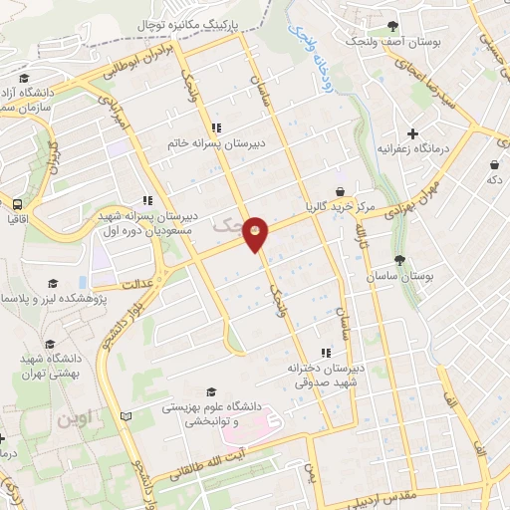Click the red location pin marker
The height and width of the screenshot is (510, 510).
click(257, 233)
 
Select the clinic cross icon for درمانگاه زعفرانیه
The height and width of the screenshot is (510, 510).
click(413, 132)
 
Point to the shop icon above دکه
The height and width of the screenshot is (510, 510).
click(494, 164)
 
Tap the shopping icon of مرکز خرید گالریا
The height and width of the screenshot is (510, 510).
click(341, 190)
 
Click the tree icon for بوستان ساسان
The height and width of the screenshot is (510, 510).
click(399, 260)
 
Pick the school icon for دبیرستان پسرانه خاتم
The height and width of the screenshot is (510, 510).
click(216, 126)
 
